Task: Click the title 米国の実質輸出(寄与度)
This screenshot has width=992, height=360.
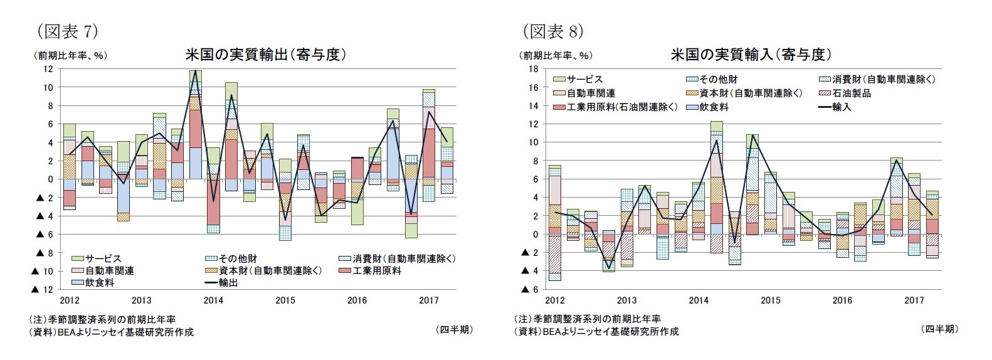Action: (x=266, y=55)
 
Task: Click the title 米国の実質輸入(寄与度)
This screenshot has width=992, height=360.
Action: (x=751, y=55)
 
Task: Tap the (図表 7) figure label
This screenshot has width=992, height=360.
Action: (x=67, y=30)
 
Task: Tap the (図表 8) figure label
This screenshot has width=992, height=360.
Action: (x=552, y=30)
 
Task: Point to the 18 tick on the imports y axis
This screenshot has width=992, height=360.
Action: (x=533, y=69)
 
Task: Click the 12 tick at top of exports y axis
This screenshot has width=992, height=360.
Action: (x=48, y=69)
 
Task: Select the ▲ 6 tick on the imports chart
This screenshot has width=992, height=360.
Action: (x=530, y=289)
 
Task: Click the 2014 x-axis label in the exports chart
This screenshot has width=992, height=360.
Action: (x=213, y=300)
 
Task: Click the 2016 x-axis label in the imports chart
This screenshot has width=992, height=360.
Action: (x=842, y=300)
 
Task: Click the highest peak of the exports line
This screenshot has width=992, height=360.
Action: (x=195, y=70)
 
